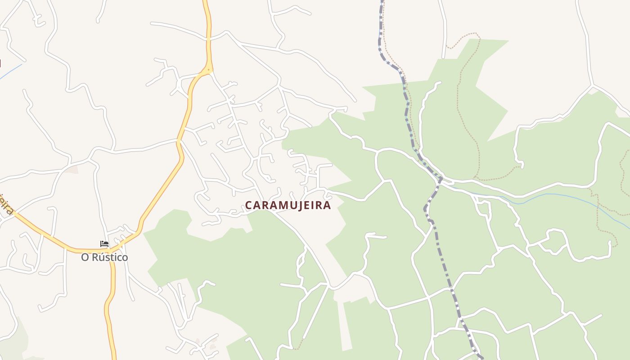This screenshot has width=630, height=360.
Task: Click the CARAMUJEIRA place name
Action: (x=288, y=205)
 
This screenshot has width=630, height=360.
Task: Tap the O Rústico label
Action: (x=104, y=257)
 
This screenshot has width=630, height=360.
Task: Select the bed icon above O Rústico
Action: (x=104, y=244)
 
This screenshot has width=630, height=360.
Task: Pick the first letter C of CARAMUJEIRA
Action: (x=248, y=205)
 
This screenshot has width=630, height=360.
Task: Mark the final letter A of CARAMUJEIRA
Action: (x=327, y=205)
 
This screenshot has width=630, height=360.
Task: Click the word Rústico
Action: (x=111, y=257)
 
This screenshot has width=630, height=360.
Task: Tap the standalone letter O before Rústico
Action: (x=85, y=257)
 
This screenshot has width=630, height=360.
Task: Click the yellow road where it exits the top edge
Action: (x=205, y=1)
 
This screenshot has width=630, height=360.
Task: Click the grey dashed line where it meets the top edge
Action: (x=382, y=1)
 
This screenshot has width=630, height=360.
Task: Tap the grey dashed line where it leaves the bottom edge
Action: (x=481, y=358)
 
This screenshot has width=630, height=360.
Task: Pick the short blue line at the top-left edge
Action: (x=11, y=71)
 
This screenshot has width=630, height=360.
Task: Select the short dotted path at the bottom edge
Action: (x=297, y=348)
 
